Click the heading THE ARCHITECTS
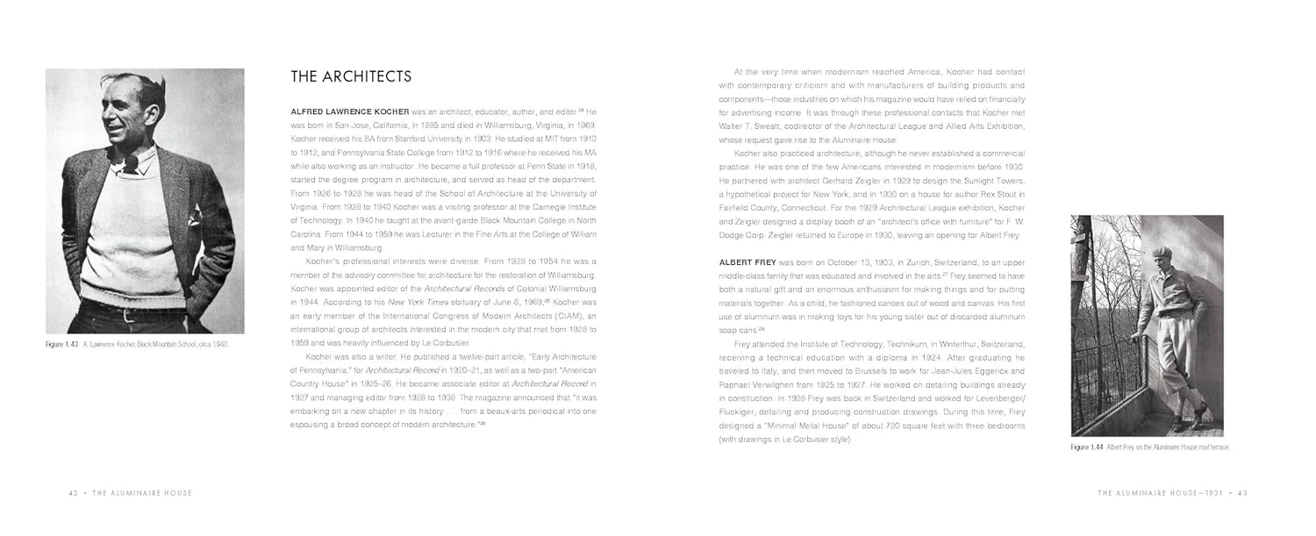(x=351, y=77)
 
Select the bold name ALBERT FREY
(x=747, y=262)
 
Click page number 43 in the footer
(x=1242, y=493)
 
